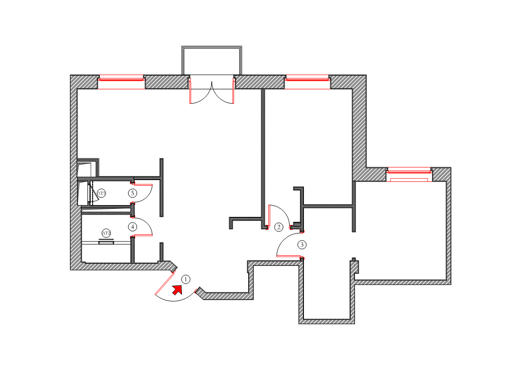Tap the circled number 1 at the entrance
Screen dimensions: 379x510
[186, 279]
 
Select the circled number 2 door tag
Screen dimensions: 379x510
[279, 227]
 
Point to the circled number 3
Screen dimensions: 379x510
[302, 245]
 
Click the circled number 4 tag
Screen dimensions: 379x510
[133, 227]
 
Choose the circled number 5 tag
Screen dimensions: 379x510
[133, 193]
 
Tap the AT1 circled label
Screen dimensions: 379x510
[102, 193]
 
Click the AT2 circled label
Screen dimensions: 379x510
[106, 233]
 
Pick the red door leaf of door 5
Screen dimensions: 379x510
[142, 185]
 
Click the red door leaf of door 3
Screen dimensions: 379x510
[289, 257]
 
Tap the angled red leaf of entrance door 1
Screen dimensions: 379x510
[164, 286]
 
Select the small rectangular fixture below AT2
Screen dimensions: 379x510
[106, 242]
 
